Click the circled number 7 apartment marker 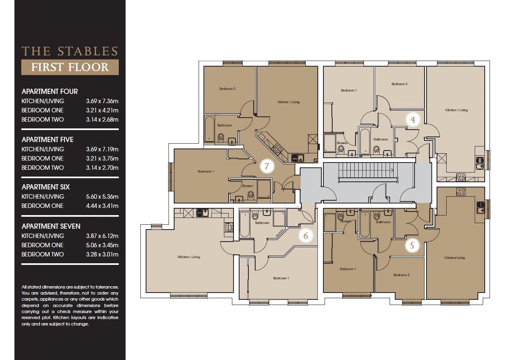point(267,166)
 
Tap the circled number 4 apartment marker point(413,120)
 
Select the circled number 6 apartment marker point(306,236)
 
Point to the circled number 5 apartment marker point(412,246)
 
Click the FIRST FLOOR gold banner point(70,67)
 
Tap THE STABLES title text point(70,51)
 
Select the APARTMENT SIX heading point(46,187)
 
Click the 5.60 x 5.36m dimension point(102,197)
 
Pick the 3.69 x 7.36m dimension point(102,101)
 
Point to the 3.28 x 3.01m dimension point(102,254)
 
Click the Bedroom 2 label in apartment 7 point(228,89)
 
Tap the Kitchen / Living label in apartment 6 point(189,257)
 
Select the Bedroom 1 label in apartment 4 point(349,90)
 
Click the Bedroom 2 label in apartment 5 point(402,275)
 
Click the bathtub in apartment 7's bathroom point(209,129)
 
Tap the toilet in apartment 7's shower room point(251,195)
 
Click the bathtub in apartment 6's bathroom point(244,224)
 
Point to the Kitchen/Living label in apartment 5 point(455,258)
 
